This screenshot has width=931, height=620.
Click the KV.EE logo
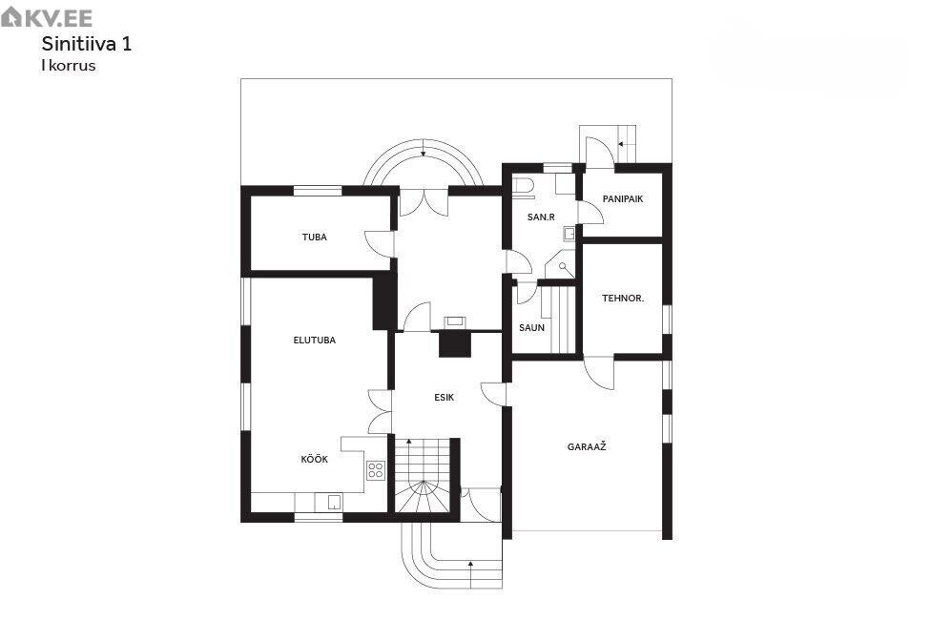click(47, 17)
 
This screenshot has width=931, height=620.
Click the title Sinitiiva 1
click(87, 44)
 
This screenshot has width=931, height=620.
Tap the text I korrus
click(69, 65)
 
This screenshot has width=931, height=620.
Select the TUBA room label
click(314, 237)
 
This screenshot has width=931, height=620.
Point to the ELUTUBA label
click(314, 341)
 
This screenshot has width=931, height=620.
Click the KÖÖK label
click(314, 459)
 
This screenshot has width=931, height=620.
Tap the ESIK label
click(445, 398)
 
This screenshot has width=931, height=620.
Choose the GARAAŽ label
click(587, 446)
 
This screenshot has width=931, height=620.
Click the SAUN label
click(531, 327)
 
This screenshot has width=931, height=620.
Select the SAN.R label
click(541, 217)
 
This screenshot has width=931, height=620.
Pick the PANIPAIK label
click(623, 199)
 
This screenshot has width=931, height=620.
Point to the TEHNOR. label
click(623, 299)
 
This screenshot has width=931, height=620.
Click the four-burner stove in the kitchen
click(375, 470)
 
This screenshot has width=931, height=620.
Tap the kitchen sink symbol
click(335, 503)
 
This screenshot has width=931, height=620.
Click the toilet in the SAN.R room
click(523, 187)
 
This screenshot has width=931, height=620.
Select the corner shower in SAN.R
click(561, 265)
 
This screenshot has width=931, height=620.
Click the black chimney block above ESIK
click(455, 344)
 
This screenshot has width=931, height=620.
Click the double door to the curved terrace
click(424, 202)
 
